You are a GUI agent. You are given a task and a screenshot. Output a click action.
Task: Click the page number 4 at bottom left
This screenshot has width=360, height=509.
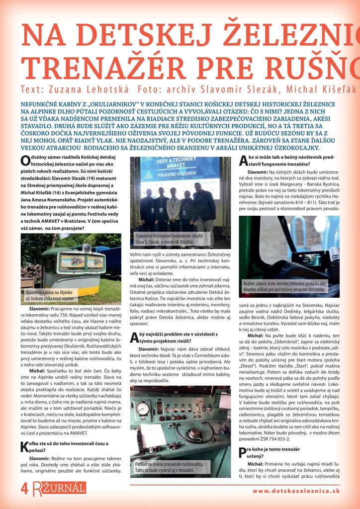(9, 488)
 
